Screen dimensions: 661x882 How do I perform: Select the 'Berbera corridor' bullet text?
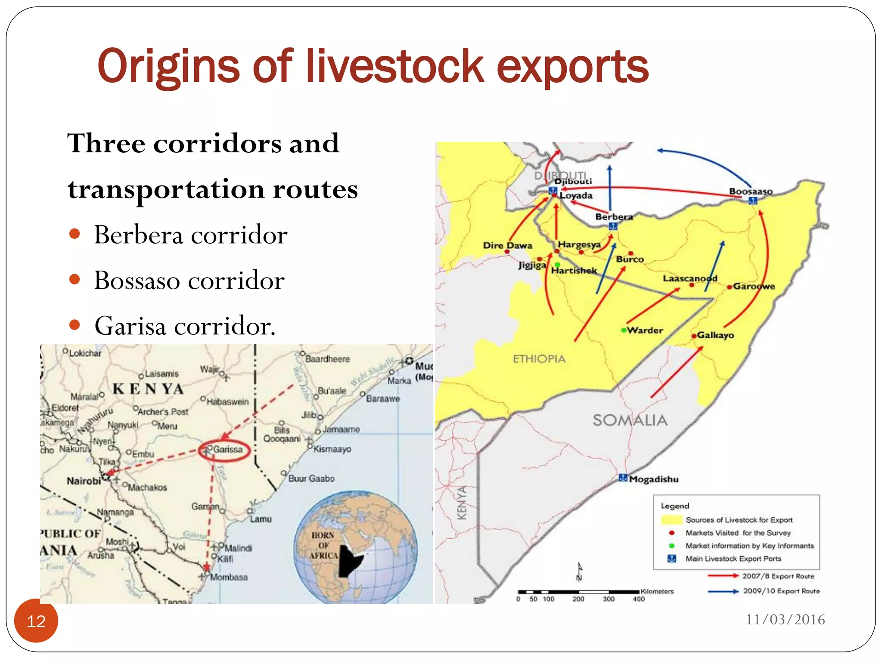190,235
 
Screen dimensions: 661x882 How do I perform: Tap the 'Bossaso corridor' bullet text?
189,281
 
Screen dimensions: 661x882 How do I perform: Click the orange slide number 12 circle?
36,621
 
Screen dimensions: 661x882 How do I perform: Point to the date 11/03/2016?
785,620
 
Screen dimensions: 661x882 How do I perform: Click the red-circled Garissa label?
227,450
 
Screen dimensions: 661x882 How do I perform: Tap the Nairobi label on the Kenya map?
84,481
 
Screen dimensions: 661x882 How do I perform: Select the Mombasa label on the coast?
229,577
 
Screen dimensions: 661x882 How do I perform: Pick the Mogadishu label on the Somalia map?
653,479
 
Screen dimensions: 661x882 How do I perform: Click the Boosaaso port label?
751,191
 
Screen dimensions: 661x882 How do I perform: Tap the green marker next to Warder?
623,330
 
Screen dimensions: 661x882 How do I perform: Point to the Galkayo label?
715,335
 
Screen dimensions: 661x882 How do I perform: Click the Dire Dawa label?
507,245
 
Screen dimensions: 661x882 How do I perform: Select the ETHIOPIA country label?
539,359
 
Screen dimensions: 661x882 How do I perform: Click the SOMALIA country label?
630,420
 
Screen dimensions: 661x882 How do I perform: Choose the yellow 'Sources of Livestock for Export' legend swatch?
671,520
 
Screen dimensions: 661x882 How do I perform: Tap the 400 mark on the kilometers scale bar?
639,599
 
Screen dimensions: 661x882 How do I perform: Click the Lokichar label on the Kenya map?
85,353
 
